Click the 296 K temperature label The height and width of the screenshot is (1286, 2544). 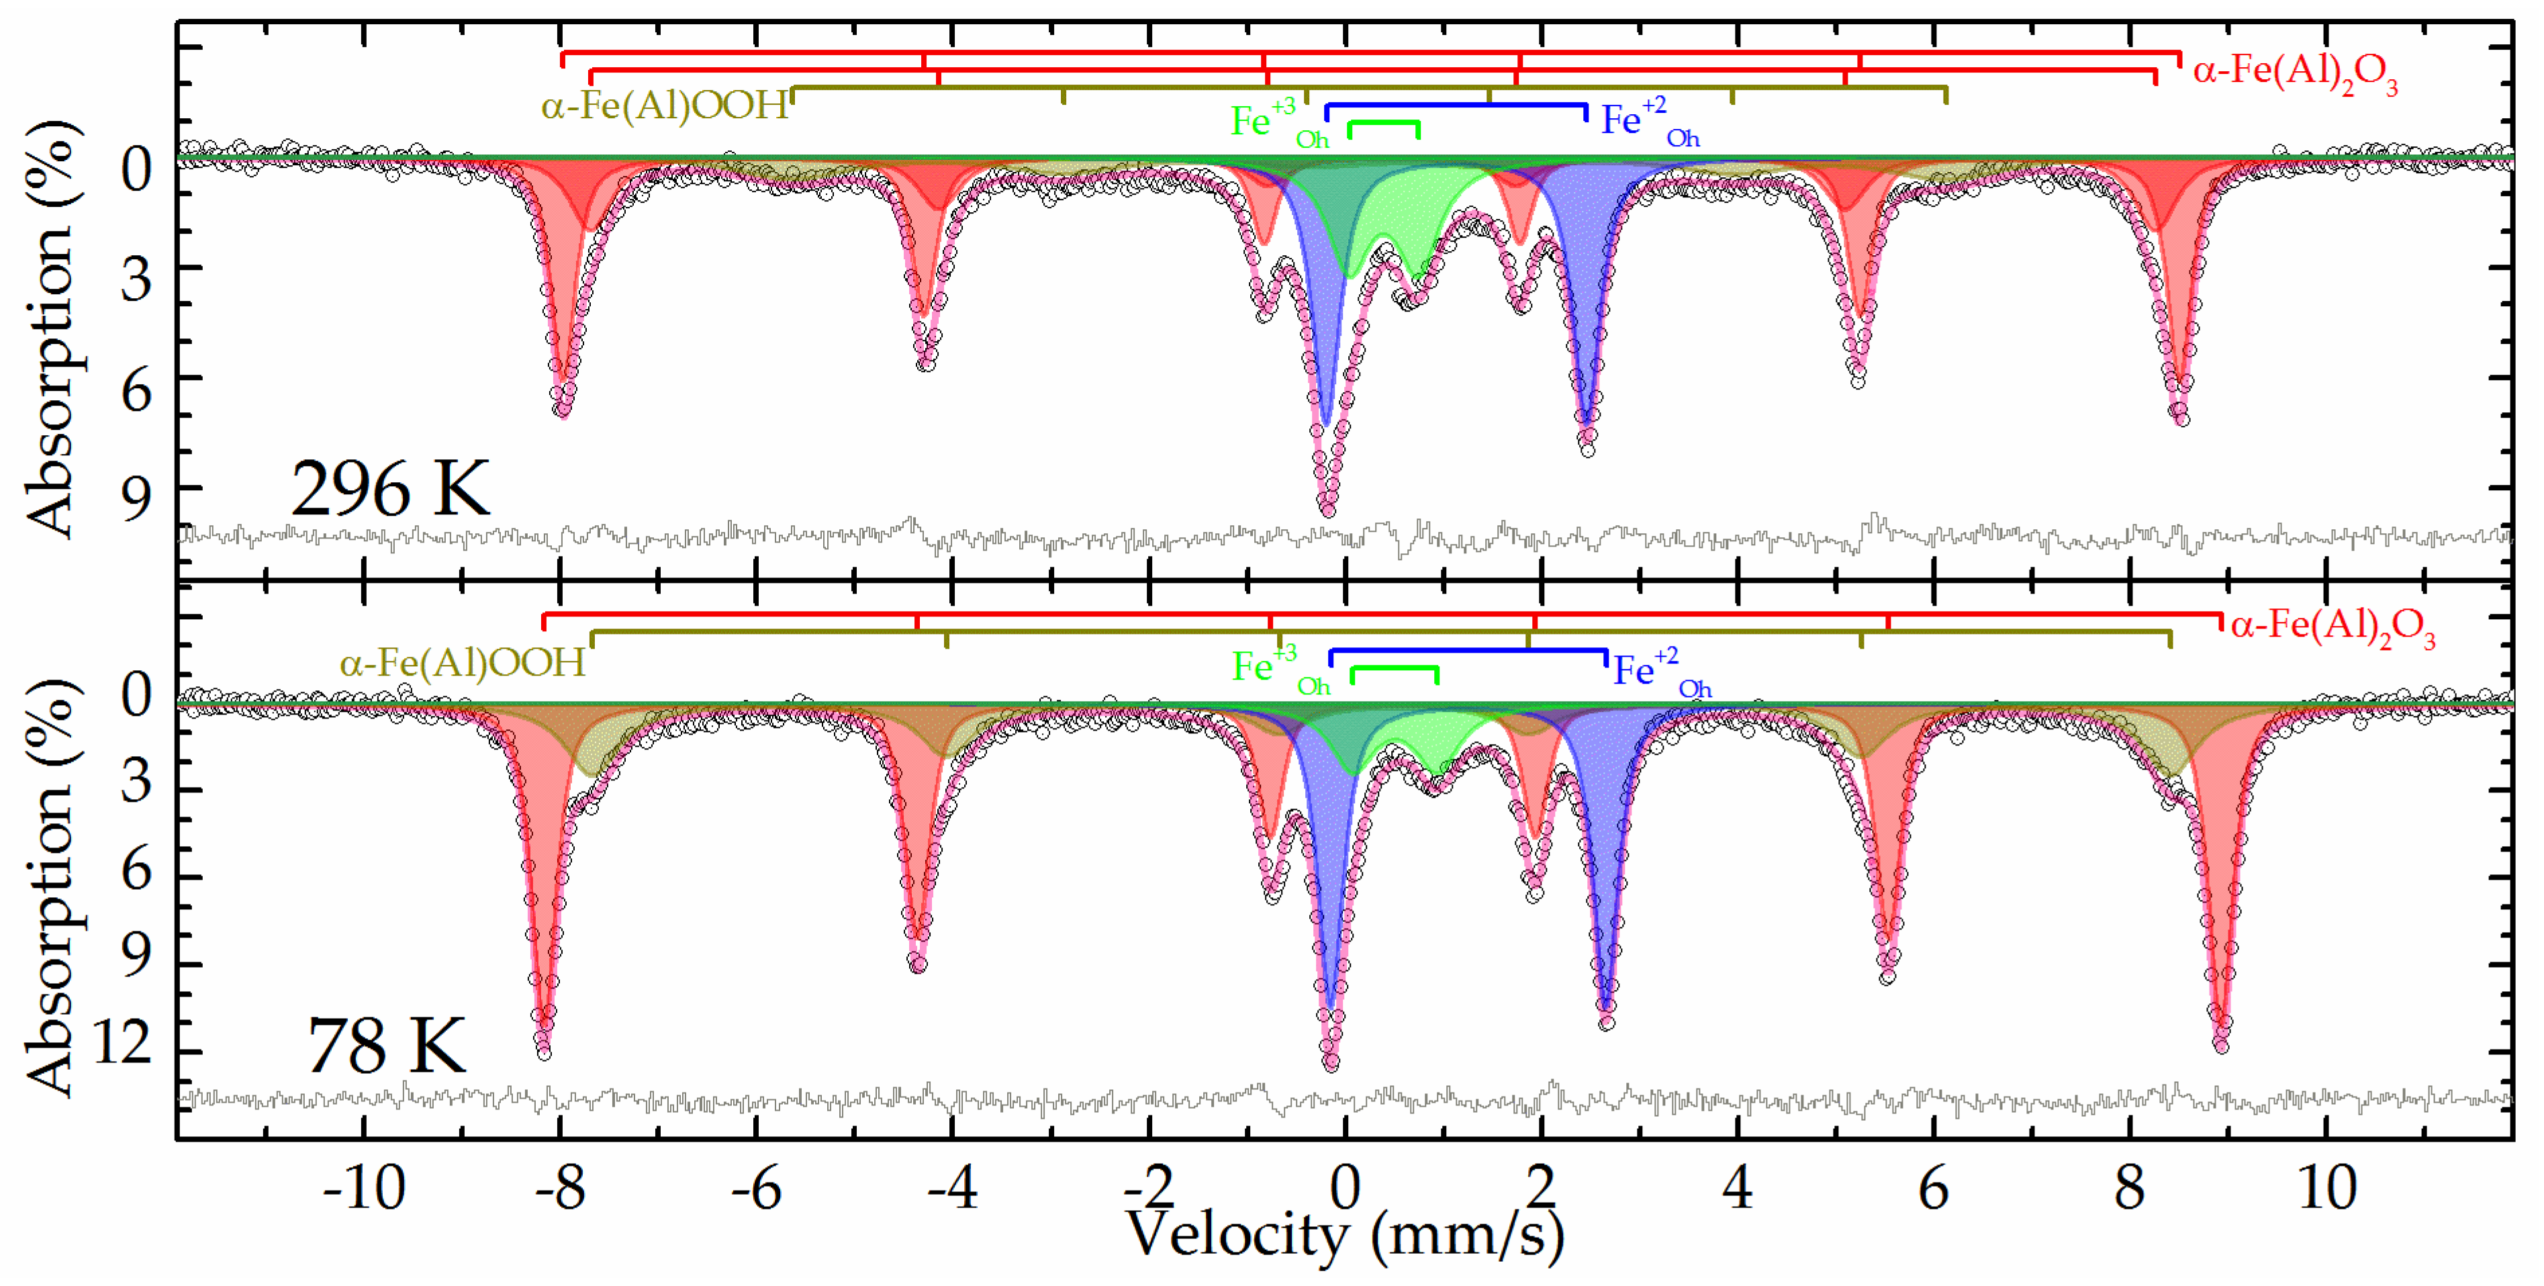(x=390, y=489)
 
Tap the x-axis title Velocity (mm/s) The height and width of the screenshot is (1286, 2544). (x=1345, y=1235)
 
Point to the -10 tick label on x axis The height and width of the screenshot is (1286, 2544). (x=363, y=1188)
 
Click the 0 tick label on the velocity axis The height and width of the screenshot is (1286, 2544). (x=1345, y=1188)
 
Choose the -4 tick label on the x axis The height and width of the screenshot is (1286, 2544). (x=952, y=1188)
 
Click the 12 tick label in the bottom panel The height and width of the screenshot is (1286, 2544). (x=124, y=1042)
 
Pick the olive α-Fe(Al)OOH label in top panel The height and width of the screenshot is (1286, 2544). (x=665, y=105)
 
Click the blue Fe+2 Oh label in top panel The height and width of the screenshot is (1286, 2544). (x=1647, y=122)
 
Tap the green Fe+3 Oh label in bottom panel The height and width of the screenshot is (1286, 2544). (x=1279, y=670)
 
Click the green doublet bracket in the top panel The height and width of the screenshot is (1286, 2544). (x=1384, y=124)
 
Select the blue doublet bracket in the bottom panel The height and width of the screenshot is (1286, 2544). (x=1468, y=651)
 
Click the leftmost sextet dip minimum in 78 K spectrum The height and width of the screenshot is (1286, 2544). (x=543, y=1052)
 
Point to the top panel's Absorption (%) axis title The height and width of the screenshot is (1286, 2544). (x=50, y=331)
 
